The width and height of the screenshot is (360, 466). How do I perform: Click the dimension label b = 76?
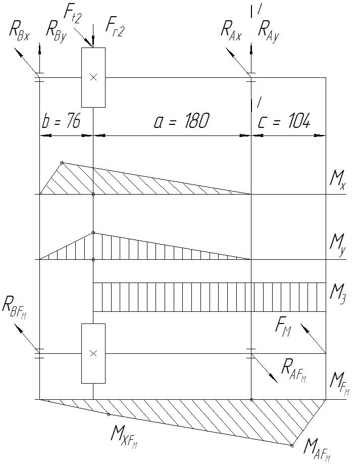60,122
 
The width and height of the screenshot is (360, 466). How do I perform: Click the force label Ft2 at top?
72,15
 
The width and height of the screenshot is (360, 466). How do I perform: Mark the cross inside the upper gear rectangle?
93,77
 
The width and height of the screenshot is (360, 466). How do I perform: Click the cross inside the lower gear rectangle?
93,353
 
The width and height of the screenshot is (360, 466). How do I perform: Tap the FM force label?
284,327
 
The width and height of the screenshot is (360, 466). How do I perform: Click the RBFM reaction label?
15,306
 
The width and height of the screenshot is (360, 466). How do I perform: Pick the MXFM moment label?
124,436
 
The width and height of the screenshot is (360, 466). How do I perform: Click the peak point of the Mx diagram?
62,162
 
